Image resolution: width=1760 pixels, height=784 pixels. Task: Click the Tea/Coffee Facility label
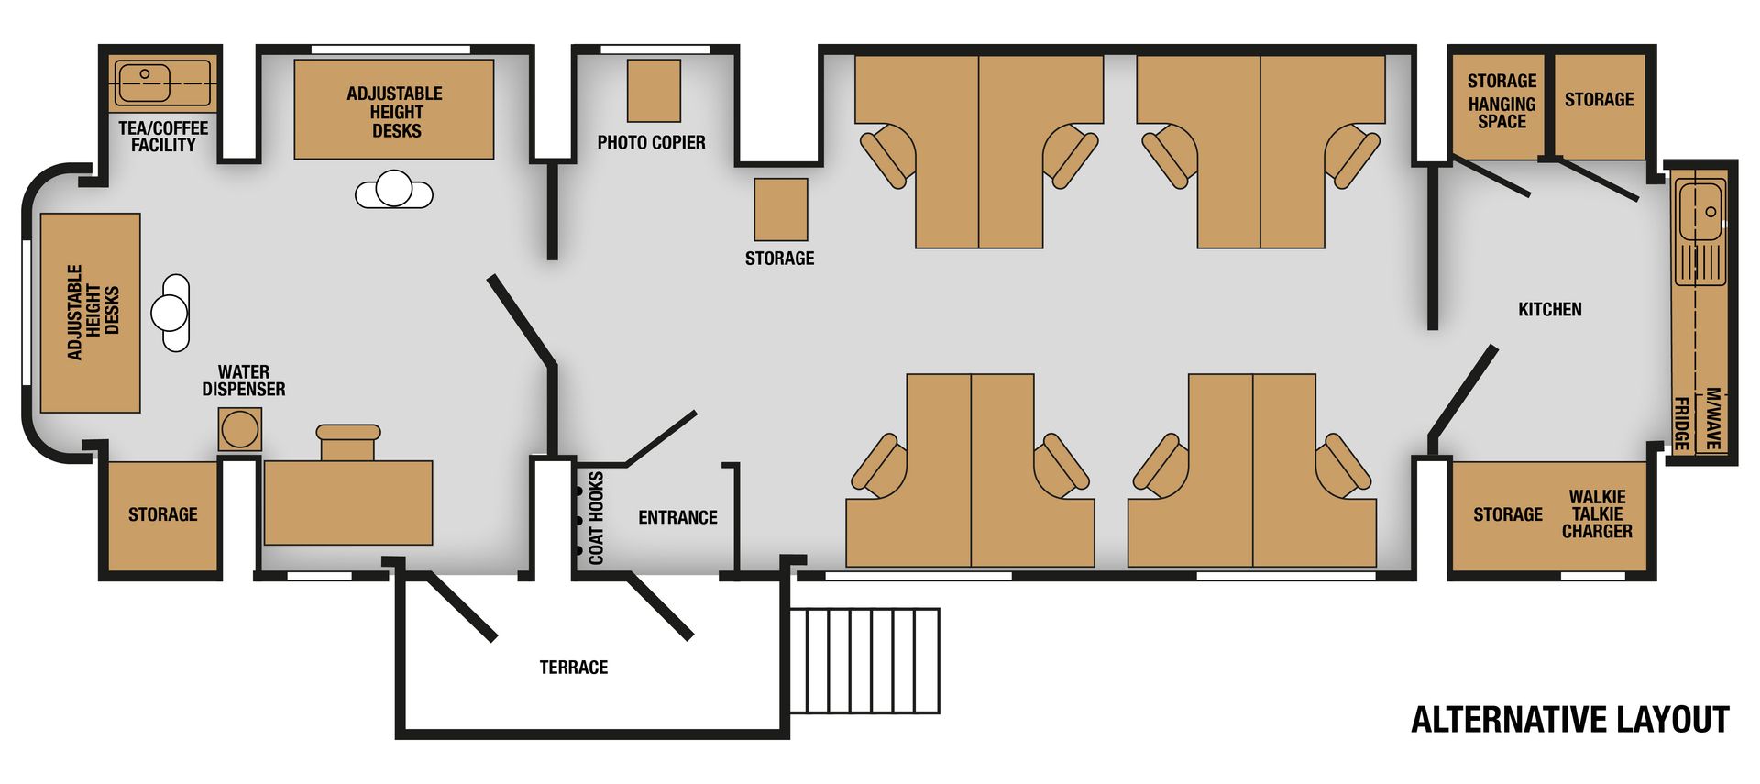pos(163,137)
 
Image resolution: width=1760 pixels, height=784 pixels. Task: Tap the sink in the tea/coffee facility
pos(144,83)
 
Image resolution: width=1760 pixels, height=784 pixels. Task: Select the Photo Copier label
pos(651,142)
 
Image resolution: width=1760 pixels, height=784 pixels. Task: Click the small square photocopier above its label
pos(654,91)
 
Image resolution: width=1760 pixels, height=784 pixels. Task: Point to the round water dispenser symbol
pos(240,429)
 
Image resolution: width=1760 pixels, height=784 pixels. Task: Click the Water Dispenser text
pos(244,381)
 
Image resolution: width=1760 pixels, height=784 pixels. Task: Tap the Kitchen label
pos(1550,309)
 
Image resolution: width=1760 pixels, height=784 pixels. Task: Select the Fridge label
pos(1682,424)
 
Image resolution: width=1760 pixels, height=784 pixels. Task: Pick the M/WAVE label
pos(1712,418)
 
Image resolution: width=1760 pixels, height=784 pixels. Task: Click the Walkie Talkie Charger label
pos(1597,514)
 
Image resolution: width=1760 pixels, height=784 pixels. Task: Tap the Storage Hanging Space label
pos(1501,101)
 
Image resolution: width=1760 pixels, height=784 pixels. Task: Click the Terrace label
pos(574,667)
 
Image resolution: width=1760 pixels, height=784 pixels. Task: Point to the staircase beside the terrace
pos(864,660)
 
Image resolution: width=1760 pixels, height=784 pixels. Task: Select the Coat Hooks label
pos(597,517)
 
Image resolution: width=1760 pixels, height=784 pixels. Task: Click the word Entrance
pos(677,517)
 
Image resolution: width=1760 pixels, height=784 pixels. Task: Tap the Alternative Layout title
pos(1570,720)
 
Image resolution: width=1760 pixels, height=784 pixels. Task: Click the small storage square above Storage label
pos(781,210)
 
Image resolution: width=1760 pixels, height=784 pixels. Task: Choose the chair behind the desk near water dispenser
pos(348,442)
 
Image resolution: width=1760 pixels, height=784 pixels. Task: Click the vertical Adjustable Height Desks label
pos(93,312)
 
